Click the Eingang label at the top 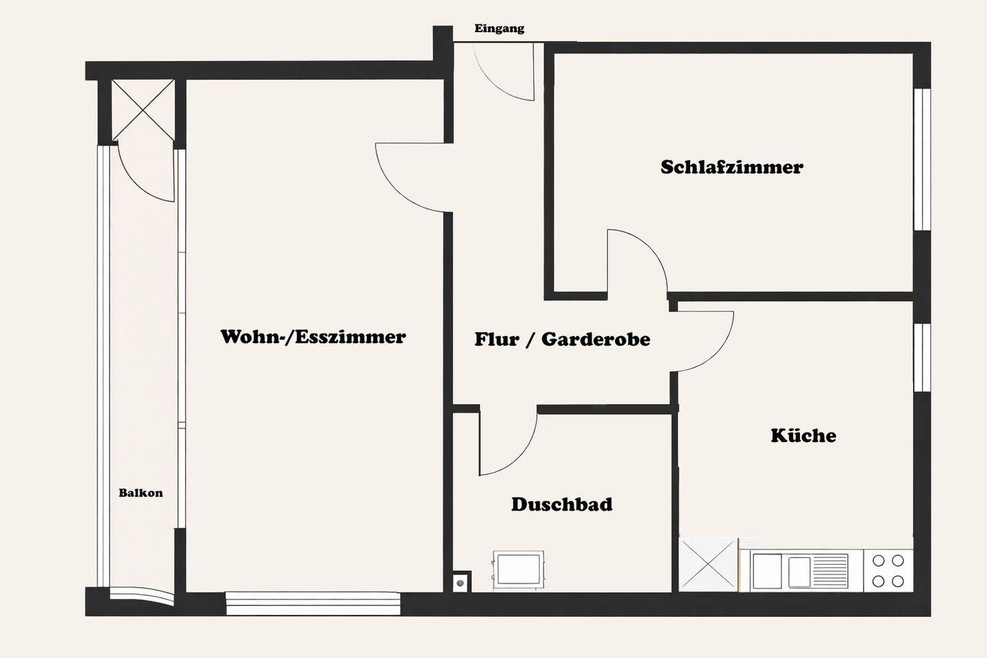pyautogui.click(x=499, y=29)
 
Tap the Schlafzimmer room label pyautogui.click(x=731, y=167)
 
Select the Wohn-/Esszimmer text pyautogui.click(x=313, y=337)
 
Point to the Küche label pyautogui.click(x=803, y=435)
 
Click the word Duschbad pyautogui.click(x=561, y=504)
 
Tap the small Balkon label pyautogui.click(x=141, y=493)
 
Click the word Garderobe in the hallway pyautogui.click(x=595, y=339)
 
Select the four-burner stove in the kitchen pyautogui.click(x=888, y=571)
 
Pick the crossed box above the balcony pyautogui.click(x=143, y=110)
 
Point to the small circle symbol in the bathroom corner pyautogui.click(x=461, y=583)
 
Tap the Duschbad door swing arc pyautogui.click(x=507, y=442)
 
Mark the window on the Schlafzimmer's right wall pyautogui.click(x=923, y=159)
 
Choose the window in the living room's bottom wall pyautogui.click(x=313, y=603)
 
